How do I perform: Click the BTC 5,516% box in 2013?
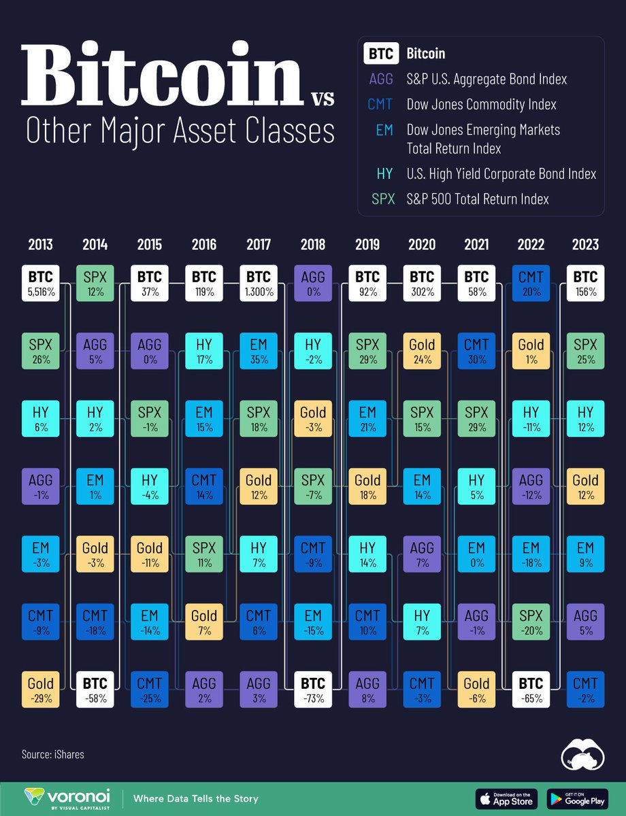pyautogui.click(x=41, y=284)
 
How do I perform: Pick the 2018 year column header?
pyautogui.click(x=313, y=245)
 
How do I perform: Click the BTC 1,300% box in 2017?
pyautogui.click(x=259, y=284)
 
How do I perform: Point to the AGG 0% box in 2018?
pyautogui.click(x=313, y=284)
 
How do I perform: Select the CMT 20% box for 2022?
pyautogui.click(x=531, y=284)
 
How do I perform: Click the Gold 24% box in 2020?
pyautogui.click(x=422, y=351)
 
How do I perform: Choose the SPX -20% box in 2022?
pyautogui.click(x=531, y=622)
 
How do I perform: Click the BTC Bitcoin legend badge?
pyautogui.click(x=380, y=54)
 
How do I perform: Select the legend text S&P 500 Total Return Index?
pyautogui.click(x=478, y=199)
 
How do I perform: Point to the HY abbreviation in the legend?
pyautogui.click(x=384, y=174)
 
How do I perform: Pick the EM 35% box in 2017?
pyautogui.click(x=259, y=351)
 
